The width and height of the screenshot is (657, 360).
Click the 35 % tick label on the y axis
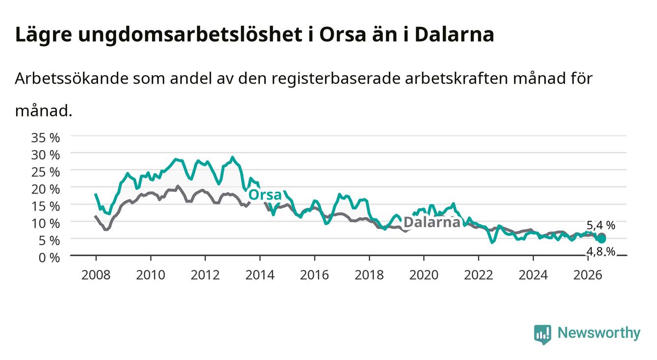pos(46,138)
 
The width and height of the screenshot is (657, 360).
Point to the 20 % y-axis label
pos(46,189)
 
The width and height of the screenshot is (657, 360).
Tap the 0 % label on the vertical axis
pos(49,258)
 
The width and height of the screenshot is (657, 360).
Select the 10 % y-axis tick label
pos(46,224)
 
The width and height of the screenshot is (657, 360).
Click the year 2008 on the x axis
pos(96,275)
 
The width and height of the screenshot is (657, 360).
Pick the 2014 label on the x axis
pos(260,275)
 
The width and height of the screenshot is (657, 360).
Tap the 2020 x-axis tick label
pos(424,275)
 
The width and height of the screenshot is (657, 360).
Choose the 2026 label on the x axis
pos(588,275)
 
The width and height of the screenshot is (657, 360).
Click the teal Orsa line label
pos(265,195)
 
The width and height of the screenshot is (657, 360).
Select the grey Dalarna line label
pos(432,222)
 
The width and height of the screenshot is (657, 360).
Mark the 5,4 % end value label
pos(601,225)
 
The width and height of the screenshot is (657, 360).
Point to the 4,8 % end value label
pos(601,252)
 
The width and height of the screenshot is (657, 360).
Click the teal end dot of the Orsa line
pos(602,239)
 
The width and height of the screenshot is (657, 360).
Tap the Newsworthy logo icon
pos(543,334)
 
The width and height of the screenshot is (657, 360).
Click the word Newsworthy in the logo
pos(599,333)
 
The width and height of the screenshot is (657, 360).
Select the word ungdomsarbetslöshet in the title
pos(190,35)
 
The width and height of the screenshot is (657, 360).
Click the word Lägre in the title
pos(44,35)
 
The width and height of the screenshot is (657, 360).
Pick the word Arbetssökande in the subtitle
pos(72,78)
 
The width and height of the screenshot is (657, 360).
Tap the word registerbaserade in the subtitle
pos(336,79)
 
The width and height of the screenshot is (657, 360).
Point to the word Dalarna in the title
pos(455,35)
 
